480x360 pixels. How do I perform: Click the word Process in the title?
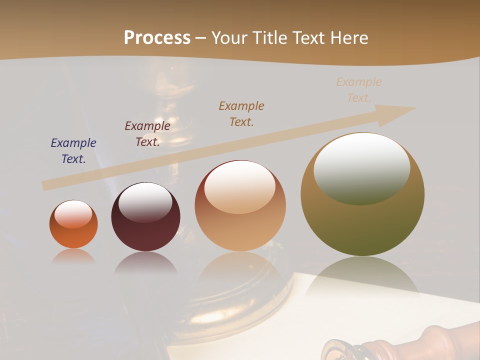pos(157,38)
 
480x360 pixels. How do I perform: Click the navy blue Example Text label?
pos(73,150)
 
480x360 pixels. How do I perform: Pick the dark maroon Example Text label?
pos(147,133)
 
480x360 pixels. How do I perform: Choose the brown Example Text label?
pos(241,113)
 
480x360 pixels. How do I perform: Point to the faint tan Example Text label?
pos(358,89)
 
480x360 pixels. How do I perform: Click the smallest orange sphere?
pos(73,235)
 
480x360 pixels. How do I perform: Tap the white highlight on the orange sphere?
pos(73,214)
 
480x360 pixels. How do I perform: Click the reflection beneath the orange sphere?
pos(73,257)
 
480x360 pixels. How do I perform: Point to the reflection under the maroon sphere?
pos(145,263)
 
